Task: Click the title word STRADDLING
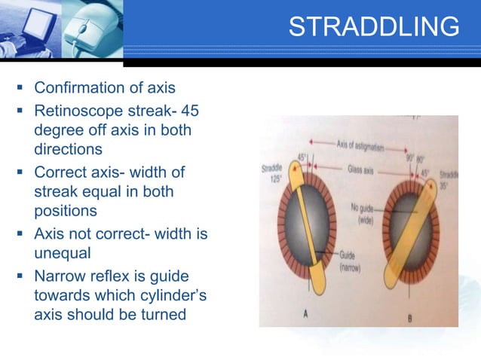pos(374,26)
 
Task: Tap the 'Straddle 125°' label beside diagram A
pos(272,173)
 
